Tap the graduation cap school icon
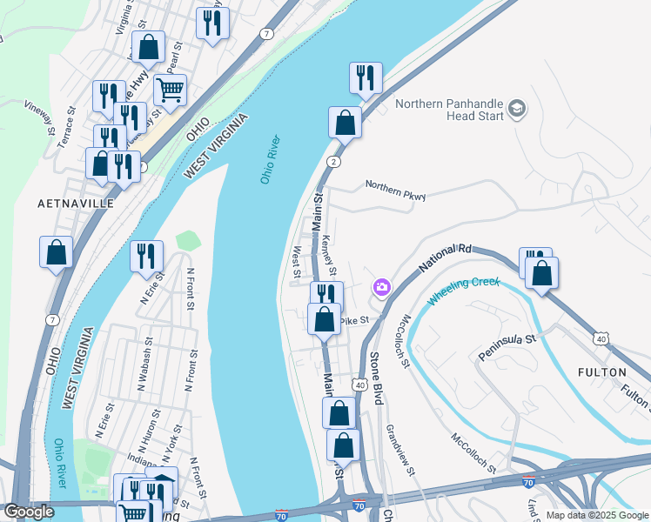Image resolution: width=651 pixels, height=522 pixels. pyautogui.click(x=518, y=109)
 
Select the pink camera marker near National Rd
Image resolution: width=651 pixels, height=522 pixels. pyautogui.click(x=381, y=287)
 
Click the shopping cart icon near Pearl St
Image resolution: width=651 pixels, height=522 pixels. pyautogui.click(x=170, y=89)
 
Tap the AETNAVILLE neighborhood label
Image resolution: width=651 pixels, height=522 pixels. pyautogui.click(x=76, y=203)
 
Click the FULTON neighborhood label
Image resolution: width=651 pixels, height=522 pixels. pyautogui.click(x=601, y=371)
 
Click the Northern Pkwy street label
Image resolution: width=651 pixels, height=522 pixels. pyautogui.click(x=395, y=190)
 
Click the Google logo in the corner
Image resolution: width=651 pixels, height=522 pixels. pyautogui.click(x=29, y=512)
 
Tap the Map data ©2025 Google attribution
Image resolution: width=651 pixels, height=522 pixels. pyautogui.click(x=595, y=515)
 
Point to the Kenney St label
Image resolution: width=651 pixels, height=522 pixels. pyautogui.click(x=330, y=251)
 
